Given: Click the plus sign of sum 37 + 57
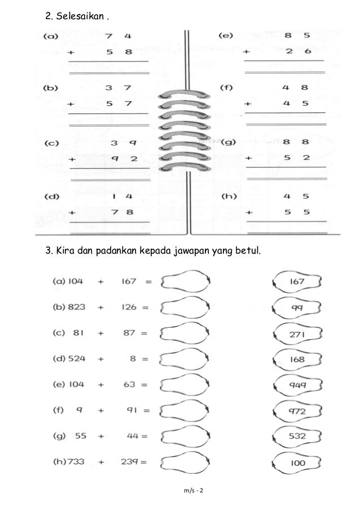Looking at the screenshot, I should pos(71,104).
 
